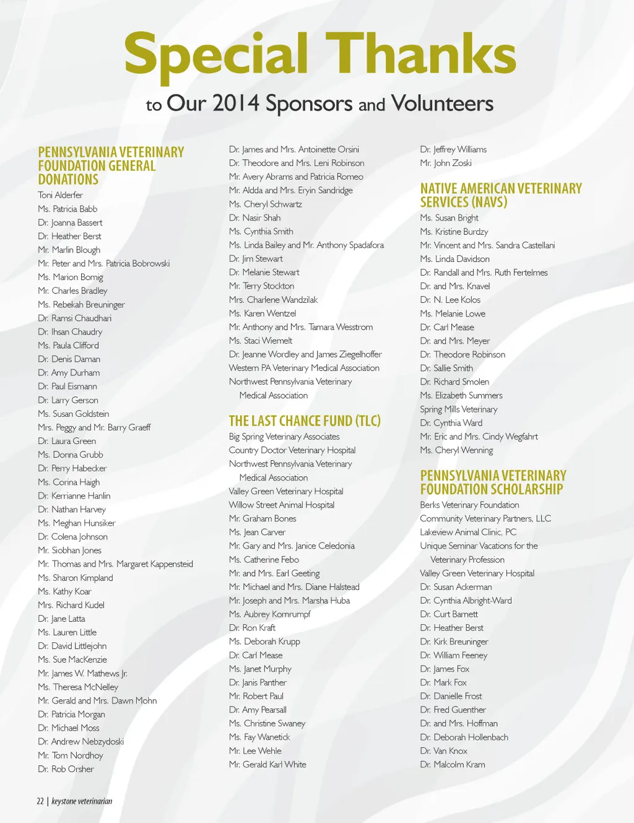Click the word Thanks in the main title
[421, 53]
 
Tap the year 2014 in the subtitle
[236, 103]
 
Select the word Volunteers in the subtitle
[442, 103]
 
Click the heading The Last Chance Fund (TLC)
[305, 421]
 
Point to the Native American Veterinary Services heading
[501, 195]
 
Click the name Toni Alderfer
[60, 195]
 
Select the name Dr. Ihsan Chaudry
[70, 332]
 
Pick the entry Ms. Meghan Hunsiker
[77, 523]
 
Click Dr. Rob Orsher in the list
[66, 769]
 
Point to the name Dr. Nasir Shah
[254, 218]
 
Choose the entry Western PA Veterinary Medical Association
[304, 368]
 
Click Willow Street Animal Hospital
[282, 505]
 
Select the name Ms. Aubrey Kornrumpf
[269, 614]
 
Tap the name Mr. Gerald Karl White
[267, 765]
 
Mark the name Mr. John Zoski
[446, 163]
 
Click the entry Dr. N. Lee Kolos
[450, 300]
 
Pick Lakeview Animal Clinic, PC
[468, 533]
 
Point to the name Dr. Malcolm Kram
[453, 765]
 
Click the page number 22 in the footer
[40, 801]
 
